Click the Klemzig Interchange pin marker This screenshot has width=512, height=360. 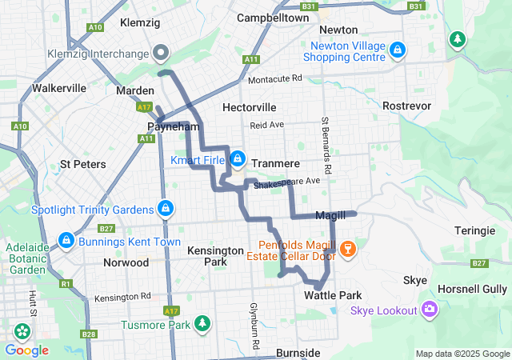coord(160,53)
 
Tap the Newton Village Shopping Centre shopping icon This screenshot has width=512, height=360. coord(398,50)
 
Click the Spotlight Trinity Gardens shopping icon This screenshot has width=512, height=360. coord(166,209)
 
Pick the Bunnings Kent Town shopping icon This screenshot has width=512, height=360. coord(66,239)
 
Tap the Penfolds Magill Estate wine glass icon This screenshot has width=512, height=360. coord(347,250)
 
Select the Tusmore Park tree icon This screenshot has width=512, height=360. coord(204,324)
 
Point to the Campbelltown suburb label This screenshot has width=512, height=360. coord(274,17)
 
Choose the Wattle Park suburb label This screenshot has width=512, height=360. coord(333,295)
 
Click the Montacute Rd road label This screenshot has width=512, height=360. coord(274,79)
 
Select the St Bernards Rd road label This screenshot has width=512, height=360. coord(326,146)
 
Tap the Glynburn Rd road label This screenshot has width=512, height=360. coord(255,326)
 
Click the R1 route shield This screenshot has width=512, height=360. coord(66,284)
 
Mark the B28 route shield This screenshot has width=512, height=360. coord(89,334)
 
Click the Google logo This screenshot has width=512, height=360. coord(26,350)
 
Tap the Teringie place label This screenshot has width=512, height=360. coord(474,230)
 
